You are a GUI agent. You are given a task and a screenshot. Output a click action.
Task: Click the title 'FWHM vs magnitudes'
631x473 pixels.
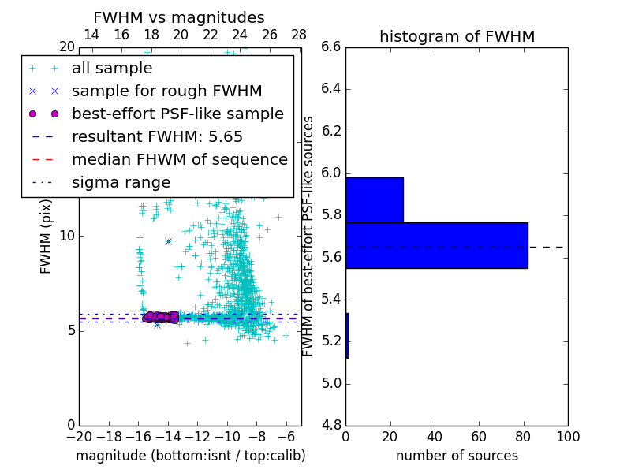coord(178,17)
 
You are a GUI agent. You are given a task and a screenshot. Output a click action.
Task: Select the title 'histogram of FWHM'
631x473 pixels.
coord(457,36)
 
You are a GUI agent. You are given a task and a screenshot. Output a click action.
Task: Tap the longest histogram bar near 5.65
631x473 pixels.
coord(436,245)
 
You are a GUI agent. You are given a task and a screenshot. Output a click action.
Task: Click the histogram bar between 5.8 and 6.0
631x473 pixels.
coord(375,199)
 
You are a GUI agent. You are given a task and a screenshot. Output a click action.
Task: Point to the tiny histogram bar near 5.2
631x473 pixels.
coord(347,335)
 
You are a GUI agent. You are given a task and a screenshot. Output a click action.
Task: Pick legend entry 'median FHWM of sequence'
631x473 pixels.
coord(179,159)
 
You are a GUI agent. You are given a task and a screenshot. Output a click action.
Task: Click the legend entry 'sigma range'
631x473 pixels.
coord(121,182)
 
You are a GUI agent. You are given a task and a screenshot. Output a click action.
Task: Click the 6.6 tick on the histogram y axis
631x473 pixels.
coord(331,47)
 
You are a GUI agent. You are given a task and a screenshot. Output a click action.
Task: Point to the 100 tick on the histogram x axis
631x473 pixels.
coord(568,437)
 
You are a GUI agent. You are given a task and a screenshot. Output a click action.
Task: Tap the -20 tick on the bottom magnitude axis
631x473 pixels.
coord(79,437)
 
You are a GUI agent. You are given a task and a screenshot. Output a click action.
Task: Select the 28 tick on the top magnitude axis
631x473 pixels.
coord(299,35)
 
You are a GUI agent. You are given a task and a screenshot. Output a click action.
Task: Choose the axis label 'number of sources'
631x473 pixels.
coord(457,456)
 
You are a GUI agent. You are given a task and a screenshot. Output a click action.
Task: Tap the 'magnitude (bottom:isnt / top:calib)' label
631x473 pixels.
coord(190,456)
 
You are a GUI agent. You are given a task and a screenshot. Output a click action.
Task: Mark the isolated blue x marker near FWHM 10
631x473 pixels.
coord(168,241)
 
